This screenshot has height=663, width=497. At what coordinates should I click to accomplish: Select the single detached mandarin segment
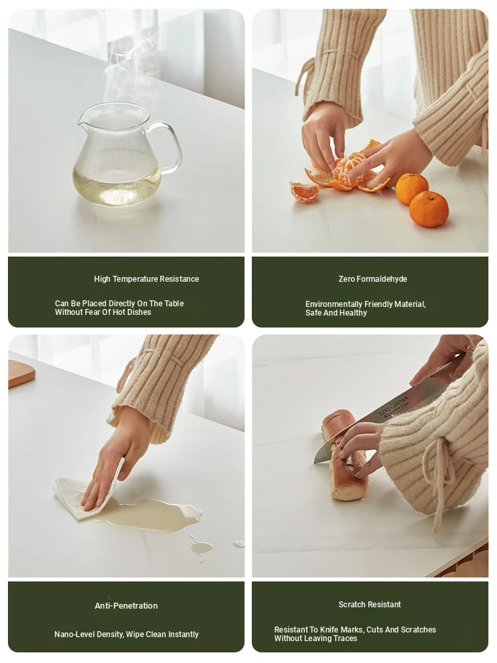click(304, 191)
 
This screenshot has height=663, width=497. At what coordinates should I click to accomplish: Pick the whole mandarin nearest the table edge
click(429, 209)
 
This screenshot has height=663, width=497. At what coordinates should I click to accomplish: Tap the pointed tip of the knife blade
click(314, 462)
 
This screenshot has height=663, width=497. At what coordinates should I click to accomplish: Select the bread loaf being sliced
click(345, 455)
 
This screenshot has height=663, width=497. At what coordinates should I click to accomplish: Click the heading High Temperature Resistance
click(146, 279)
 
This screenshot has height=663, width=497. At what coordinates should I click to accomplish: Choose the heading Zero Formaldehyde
click(372, 279)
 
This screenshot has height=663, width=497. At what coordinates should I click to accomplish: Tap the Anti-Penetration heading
click(126, 605)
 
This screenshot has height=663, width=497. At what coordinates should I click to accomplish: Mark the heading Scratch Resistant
click(369, 605)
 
